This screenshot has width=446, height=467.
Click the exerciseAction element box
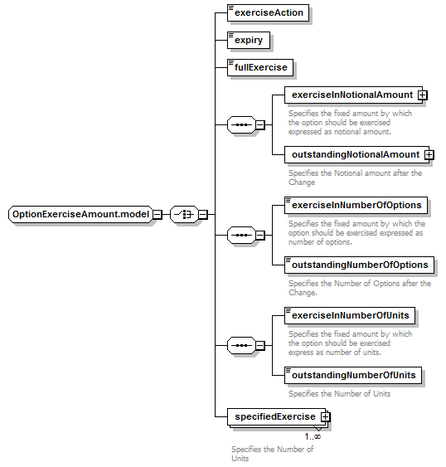tap(268, 12)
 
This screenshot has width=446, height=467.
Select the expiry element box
tap(249, 40)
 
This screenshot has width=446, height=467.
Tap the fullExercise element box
tap(260, 68)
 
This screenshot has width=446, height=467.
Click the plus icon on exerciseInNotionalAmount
tap(422, 95)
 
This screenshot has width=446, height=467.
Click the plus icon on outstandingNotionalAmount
tap(429, 155)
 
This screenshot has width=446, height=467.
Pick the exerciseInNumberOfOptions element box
tap(356, 205)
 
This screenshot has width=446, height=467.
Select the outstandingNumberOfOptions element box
tap(359, 265)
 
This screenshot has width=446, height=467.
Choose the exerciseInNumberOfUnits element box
tap(350, 316)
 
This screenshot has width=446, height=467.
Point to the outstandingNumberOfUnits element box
tap(353, 375)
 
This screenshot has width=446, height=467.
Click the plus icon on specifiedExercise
tap(325, 416)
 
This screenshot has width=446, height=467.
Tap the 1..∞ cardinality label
tap(313, 437)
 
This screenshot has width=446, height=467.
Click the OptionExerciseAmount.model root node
tap(80, 215)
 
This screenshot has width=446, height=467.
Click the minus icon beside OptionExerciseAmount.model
tap(158, 215)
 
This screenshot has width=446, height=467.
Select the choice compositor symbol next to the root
tap(184, 215)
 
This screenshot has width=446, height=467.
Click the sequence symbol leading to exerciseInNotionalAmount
tap(241, 124)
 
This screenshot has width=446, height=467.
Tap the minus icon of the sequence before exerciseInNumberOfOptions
tap(260, 236)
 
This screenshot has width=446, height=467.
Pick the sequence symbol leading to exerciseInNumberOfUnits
tap(241, 346)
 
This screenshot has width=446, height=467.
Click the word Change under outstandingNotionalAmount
tap(302, 182)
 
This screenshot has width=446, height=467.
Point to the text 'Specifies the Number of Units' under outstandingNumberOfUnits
tap(339, 394)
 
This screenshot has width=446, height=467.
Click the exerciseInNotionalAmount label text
tap(352, 95)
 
